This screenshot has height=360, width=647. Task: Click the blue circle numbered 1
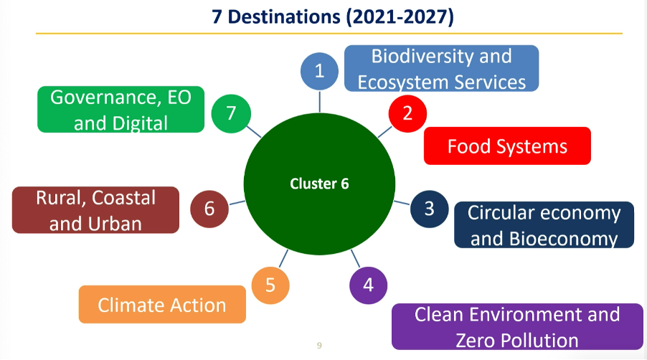[319, 71]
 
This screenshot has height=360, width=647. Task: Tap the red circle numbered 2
[407, 113]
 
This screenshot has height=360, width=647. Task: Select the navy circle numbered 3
[429, 209]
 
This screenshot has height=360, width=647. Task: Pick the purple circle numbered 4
[368, 285]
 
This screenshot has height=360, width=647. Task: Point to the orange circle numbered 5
[270, 285]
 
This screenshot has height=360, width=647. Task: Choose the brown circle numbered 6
[209, 209]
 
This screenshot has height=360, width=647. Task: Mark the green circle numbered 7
[231, 113]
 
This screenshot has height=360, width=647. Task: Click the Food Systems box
[507, 146]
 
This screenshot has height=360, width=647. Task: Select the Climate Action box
[162, 304]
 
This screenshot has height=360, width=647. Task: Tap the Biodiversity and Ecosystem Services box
[442, 68]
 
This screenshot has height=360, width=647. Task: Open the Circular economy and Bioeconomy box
[544, 224]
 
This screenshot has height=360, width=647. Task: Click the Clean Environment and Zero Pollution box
[517, 326]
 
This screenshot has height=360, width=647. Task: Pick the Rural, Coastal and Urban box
[95, 210]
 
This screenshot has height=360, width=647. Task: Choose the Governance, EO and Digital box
[121, 109]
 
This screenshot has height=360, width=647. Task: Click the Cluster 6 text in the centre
[319, 184]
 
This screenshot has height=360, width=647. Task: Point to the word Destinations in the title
[284, 17]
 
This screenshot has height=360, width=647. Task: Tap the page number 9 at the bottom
[319, 346]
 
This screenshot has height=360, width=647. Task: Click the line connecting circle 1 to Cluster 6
[320, 101]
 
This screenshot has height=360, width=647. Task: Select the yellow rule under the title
[329, 33]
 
